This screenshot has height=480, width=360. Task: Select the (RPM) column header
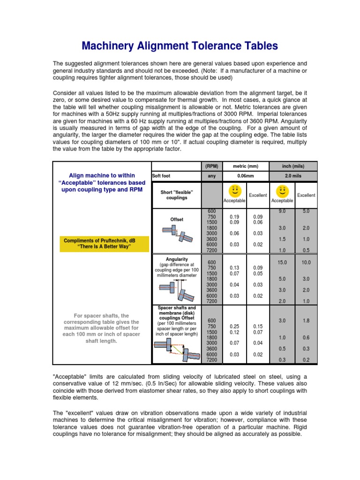(x=211, y=166)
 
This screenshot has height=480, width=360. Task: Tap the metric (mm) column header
(x=246, y=166)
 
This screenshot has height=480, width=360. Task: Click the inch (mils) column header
(x=293, y=166)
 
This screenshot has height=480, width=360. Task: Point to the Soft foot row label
(x=161, y=176)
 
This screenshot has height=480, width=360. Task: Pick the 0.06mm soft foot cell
(x=246, y=176)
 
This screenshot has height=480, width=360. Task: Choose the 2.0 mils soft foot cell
(x=293, y=176)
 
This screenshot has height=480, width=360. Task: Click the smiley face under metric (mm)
(x=234, y=190)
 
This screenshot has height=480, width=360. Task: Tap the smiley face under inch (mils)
(x=282, y=190)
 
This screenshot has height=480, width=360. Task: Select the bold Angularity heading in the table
(x=177, y=259)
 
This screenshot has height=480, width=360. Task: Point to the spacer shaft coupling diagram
(x=177, y=350)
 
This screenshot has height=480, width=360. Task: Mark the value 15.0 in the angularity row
(x=282, y=262)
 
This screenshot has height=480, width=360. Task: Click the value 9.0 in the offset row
(x=282, y=211)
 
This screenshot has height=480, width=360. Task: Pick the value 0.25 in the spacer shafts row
(x=234, y=326)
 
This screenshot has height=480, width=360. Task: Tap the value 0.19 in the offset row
(x=234, y=217)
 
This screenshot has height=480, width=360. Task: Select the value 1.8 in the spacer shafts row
(x=306, y=321)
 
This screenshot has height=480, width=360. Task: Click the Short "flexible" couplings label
(x=177, y=195)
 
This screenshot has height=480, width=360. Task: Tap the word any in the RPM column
(x=211, y=176)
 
